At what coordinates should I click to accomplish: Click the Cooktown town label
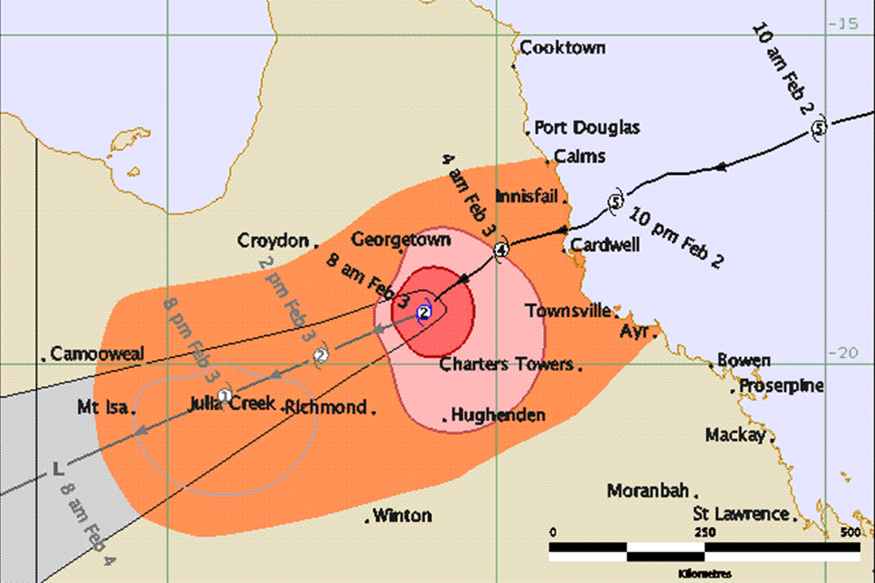click(x=563, y=48)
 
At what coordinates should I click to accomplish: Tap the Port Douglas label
click(x=587, y=128)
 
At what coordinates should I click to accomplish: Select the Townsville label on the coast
click(x=568, y=311)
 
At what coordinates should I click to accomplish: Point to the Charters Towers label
click(x=506, y=364)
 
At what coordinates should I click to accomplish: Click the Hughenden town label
click(x=498, y=415)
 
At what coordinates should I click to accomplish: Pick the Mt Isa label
click(x=103, y=408)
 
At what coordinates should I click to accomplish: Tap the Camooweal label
click(x=97, y=353)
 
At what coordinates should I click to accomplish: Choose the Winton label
click(x=402, y=515)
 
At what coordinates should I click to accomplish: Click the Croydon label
click(x=272, y=241)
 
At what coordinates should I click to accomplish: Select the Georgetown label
click(x=401, y=239)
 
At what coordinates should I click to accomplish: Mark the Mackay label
click(x=736, y=435)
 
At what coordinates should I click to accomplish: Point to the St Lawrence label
click(x=741, y=513)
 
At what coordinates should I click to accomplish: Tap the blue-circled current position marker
click(x=425, y=312)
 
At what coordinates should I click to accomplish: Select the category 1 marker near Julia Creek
click(x=224, y=395)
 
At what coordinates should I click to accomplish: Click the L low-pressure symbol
click(x=59, y=469)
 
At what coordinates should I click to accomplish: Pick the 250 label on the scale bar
click(x=705, y=532)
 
